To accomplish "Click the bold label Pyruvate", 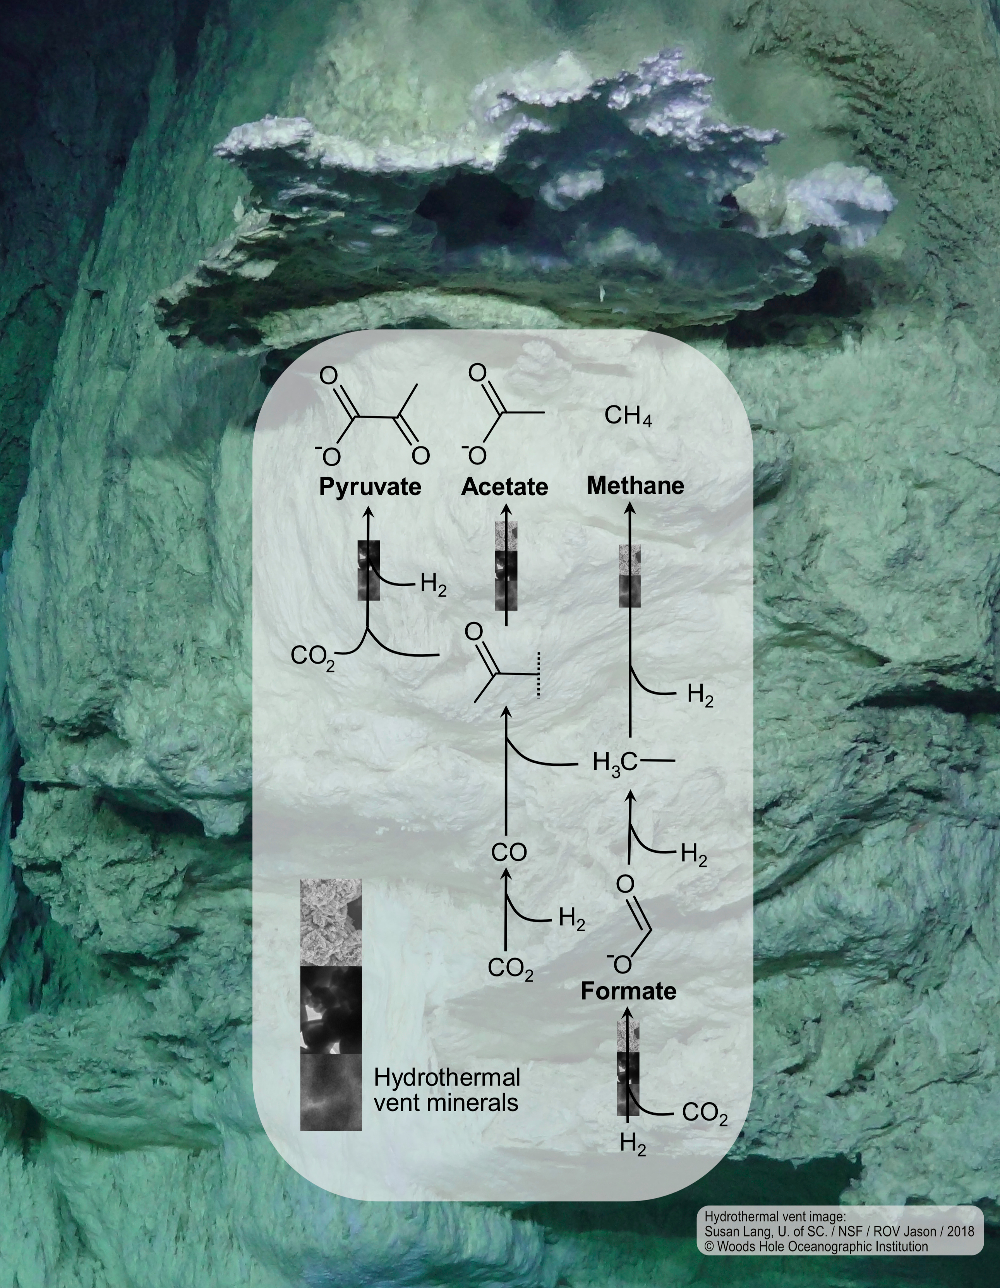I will pos(370,487).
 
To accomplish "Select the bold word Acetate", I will pos(505,487).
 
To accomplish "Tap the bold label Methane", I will pos(635,486).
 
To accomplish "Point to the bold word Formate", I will pos(628,991).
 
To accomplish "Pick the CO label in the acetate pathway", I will pos(509,853).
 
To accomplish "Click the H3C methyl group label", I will pos(615,763).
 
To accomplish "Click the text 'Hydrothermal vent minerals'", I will pos(447,1090).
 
